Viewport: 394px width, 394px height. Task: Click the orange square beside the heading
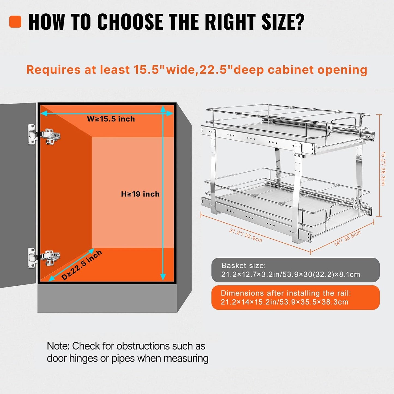[15, 22]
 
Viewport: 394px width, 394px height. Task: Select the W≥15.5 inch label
[111, 119]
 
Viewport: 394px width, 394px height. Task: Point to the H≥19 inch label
[140, 194]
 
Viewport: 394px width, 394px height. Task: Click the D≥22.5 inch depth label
[82, 265]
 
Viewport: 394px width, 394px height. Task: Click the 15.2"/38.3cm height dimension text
[383, 169]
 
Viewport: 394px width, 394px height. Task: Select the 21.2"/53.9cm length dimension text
[246, 235]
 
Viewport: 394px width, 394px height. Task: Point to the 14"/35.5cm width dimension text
[347, 238]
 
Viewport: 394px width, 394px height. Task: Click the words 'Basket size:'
[243, 266]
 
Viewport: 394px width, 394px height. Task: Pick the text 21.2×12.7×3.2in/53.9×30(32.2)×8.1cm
[291, 274]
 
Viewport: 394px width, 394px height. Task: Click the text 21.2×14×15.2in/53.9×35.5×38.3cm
[285, 302]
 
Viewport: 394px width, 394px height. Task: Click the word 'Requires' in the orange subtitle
[54, 70]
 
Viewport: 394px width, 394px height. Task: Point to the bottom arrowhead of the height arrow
[163, 277]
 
